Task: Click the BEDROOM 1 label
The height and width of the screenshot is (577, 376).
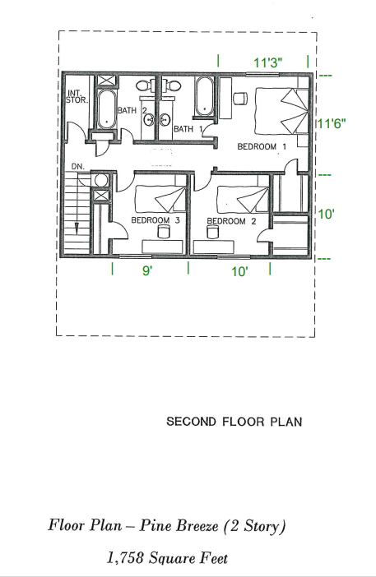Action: point(262,146)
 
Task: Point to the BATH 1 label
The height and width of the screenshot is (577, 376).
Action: point(183,129)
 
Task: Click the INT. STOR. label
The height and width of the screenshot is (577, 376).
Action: point(76,96)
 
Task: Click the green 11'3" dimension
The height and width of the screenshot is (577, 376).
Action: point(268,62)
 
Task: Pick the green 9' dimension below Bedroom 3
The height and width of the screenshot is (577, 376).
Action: point(147,270)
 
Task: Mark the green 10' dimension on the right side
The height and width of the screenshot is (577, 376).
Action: point(327,214)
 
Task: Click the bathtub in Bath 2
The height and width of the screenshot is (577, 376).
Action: point(106,108)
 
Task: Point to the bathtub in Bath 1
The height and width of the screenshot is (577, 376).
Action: point(204,96)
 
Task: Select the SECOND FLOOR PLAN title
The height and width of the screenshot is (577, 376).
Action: point(234,422)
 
